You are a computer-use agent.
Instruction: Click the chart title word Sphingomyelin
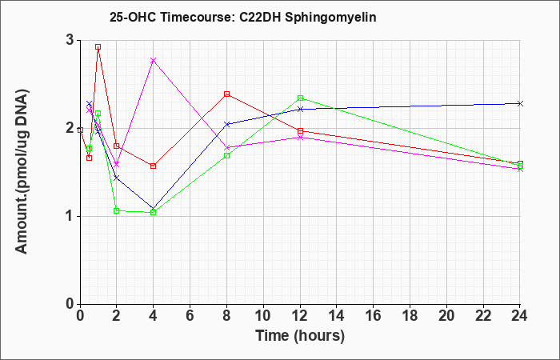tap(330, 18)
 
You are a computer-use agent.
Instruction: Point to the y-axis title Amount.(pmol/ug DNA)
tap(22, 172)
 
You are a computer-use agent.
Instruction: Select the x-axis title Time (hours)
tap(300, 336)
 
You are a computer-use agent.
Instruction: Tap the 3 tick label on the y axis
tap(70, 40)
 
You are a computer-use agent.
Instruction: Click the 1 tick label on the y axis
tap(70, 217)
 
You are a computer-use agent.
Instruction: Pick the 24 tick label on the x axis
tap(520, 316)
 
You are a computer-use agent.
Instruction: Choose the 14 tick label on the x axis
tap(337, 316)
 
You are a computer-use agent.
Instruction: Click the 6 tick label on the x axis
tap(190, 316)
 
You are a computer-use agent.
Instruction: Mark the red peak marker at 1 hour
tap(98, 46)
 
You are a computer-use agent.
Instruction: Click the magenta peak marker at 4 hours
tap(154, 60)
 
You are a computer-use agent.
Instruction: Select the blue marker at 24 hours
tap(520, 103)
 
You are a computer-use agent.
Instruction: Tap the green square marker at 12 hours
tap(300, 98)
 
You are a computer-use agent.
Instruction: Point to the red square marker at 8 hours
tap(226, 94)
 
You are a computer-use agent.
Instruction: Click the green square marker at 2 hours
tap(117, 210)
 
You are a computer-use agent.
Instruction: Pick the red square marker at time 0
tap(80, 130)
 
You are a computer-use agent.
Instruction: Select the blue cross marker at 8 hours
tap(226, 124)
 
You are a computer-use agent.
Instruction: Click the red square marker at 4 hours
tap(154, 166)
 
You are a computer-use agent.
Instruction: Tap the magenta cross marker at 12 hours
tap(300, 137)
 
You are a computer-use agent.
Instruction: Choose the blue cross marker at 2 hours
tap(117, 178)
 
